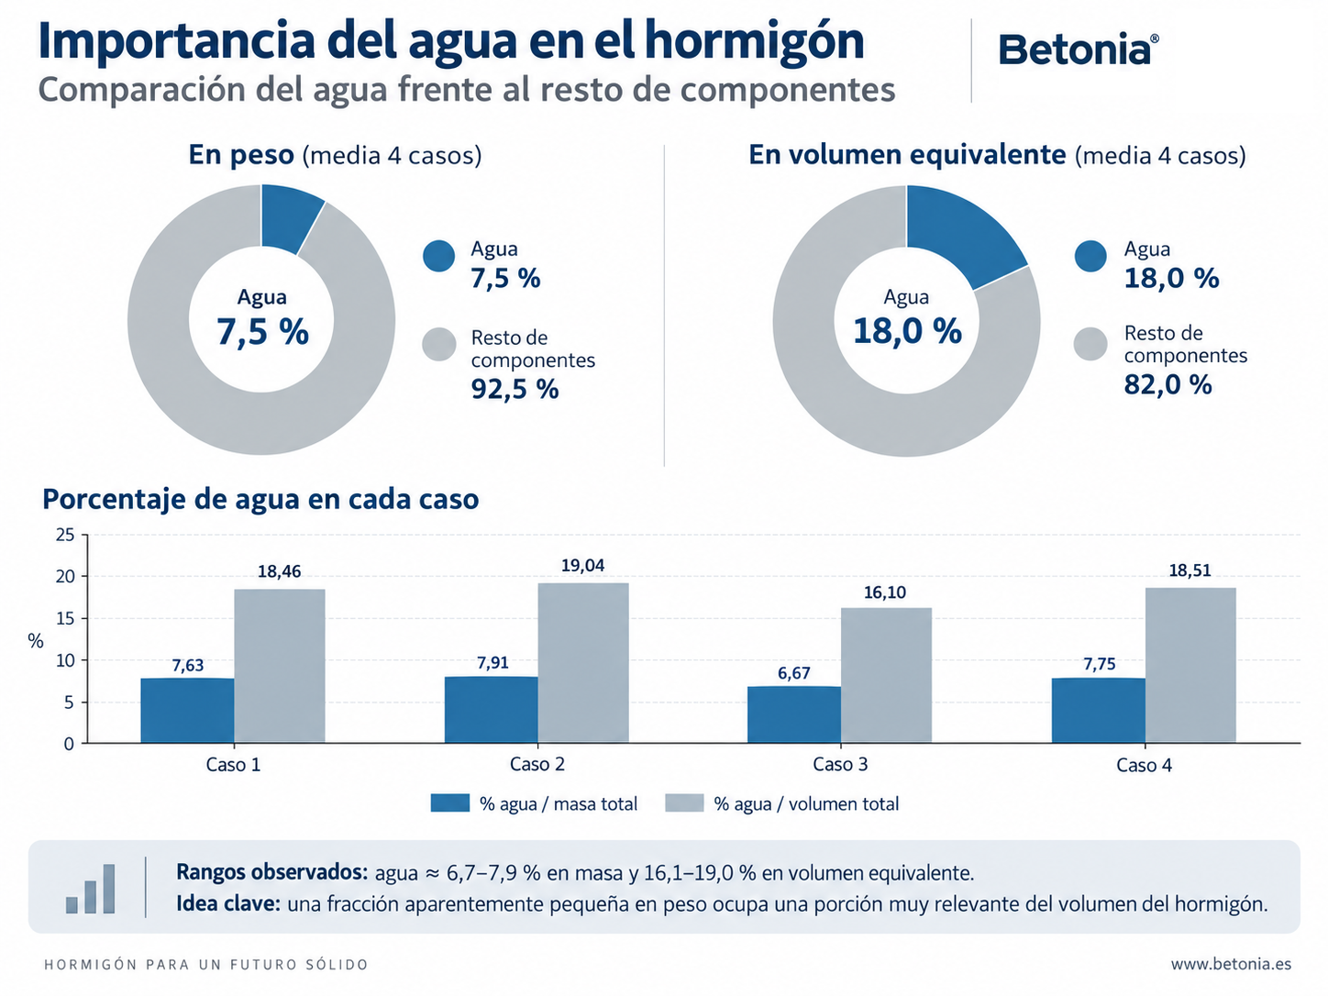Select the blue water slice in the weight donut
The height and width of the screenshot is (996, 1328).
click(x=289, y=217)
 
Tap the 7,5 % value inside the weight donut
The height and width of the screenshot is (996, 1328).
click(x=262, y=331)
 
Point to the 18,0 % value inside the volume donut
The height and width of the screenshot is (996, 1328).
click(x=907, y=331)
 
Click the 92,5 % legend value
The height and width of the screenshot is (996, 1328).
click(x=515, y=389)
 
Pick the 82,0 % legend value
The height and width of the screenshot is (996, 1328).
click(x=1168, y=384)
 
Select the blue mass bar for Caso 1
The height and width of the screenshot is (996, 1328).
click(x=188, y=710)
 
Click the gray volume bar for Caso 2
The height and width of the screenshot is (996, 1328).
click(x=583, y=663)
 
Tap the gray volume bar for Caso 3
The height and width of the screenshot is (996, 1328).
click(x=886, y=675)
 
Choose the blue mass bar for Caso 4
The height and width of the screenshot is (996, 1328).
click(x=1099, y=710)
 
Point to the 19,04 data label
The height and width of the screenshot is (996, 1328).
click(x=582, y=566)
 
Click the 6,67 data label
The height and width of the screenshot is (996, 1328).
click(x=794, y=673)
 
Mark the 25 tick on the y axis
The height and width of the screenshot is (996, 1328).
click(x=65, y=536)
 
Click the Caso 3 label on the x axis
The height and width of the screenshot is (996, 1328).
click(x=840, y=764)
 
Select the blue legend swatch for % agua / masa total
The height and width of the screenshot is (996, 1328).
click(x=450, y=803)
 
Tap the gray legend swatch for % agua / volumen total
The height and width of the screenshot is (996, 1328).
click(x=684, y=803)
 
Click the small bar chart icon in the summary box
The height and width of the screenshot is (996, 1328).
click(x=90, y=889)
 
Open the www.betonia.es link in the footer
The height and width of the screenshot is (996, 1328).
click(x=1231, y=963)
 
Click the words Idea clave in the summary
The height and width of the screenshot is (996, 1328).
click(x=228, y=904)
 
